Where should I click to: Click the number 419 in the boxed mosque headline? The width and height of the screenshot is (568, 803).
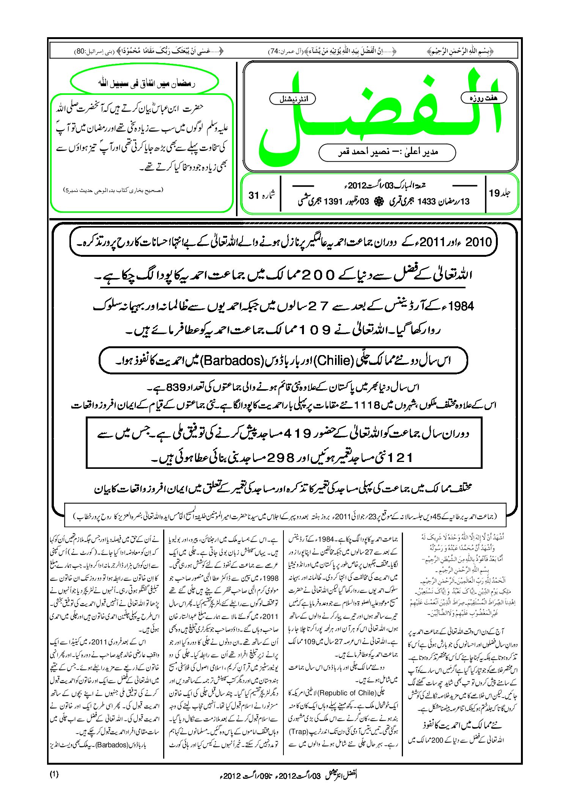(x=297, y=433)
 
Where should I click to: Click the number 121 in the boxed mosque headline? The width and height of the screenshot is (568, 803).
(x=398, y=458)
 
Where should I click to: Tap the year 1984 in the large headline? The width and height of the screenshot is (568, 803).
(x=461, y=306)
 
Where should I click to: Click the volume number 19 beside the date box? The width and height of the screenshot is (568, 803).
(x=495, y=193)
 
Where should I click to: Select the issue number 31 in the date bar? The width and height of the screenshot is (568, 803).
(x=253, y=195)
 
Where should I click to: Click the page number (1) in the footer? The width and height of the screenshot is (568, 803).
(x=54, y=775)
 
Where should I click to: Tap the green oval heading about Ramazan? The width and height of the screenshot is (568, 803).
(x=145, y=83)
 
